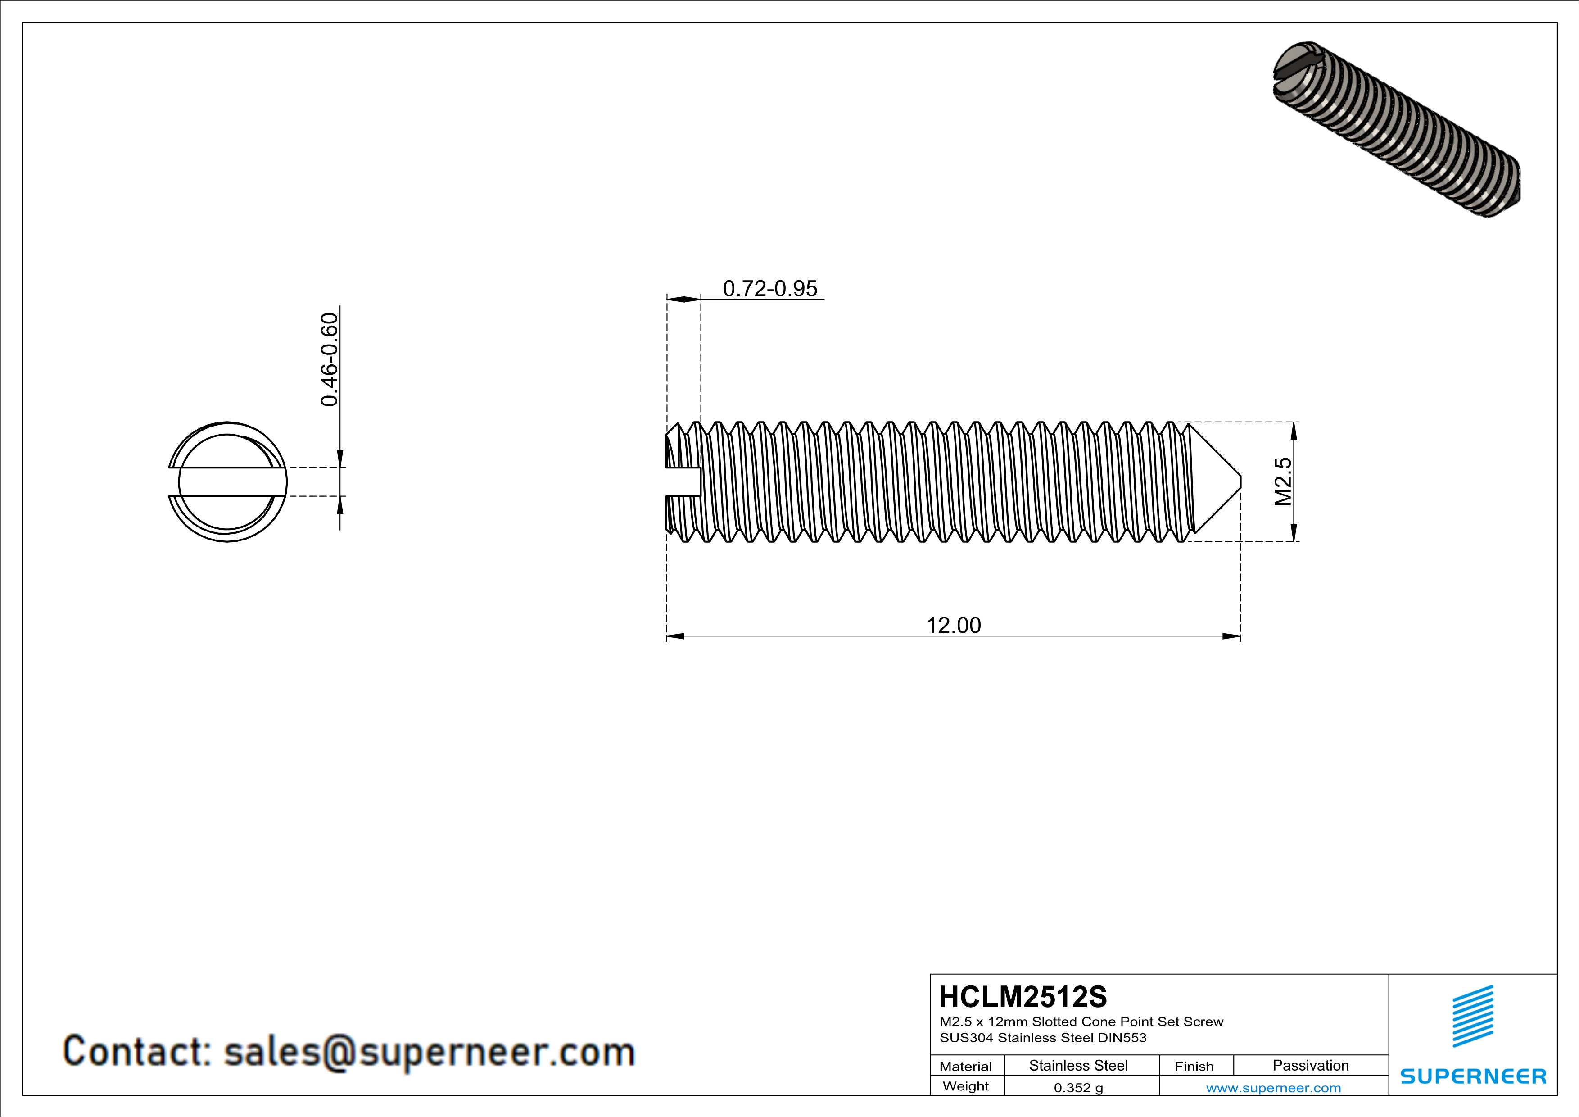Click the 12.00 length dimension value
point(953,625)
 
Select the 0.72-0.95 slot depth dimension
point(769,288)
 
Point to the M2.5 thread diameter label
point(1283,481)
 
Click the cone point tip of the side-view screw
point(1239,481)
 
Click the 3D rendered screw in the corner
point(1396,131)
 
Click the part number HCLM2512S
point(1023,997)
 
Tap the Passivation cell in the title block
point(1310,1065)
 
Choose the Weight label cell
point(966,1086)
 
